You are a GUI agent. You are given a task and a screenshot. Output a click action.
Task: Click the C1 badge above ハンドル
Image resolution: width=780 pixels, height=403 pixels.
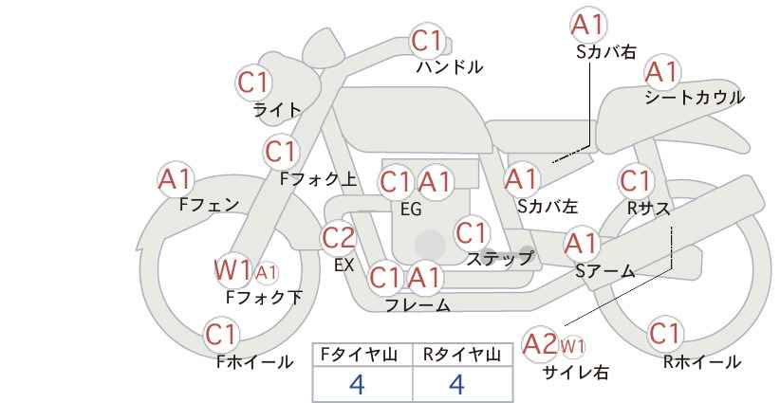click(427, 41)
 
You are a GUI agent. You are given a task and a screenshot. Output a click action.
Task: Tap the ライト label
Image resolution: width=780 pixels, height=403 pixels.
click(278, 110)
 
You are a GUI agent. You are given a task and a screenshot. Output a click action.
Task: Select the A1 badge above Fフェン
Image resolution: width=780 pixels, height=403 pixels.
click(176, 179)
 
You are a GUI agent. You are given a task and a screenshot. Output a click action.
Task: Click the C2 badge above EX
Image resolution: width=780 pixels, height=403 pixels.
click(339, 238)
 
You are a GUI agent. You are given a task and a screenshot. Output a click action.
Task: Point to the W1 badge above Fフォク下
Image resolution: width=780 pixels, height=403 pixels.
click(232, 270)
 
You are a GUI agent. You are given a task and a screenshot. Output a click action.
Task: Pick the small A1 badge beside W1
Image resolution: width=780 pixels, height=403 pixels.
click(266, 273)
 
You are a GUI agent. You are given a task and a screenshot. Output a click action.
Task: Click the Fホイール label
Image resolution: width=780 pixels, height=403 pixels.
click(255, 362)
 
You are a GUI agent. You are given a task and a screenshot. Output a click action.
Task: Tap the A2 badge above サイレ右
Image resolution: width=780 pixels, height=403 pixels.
click(540, 344)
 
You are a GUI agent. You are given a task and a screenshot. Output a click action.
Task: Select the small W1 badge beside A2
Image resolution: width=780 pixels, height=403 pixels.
click(572, 346)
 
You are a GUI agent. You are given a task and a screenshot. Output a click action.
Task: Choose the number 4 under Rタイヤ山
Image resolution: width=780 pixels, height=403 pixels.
click(456, 384)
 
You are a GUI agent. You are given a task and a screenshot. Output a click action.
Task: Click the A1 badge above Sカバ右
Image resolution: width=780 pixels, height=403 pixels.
click(588, 25)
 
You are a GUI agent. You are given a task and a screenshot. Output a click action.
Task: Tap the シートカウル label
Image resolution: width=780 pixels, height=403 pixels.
click(695, 98)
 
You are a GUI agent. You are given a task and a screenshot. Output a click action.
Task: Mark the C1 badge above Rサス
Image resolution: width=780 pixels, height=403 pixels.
click(636, 181)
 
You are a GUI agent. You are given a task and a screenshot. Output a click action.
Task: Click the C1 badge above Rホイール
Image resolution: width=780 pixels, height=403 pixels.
click(665, 334)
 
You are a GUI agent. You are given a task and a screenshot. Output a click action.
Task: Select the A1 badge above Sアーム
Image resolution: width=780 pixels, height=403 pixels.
click(582, 244)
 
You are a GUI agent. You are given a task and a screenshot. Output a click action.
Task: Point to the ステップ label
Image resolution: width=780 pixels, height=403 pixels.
click(499, 259)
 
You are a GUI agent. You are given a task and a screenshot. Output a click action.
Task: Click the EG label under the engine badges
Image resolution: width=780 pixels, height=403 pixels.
click(412, 210)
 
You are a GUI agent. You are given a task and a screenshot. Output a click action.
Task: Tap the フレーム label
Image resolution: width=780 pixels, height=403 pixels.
click(418, 305)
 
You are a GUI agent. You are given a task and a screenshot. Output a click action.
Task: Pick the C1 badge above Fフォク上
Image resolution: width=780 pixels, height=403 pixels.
click(281, 152)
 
